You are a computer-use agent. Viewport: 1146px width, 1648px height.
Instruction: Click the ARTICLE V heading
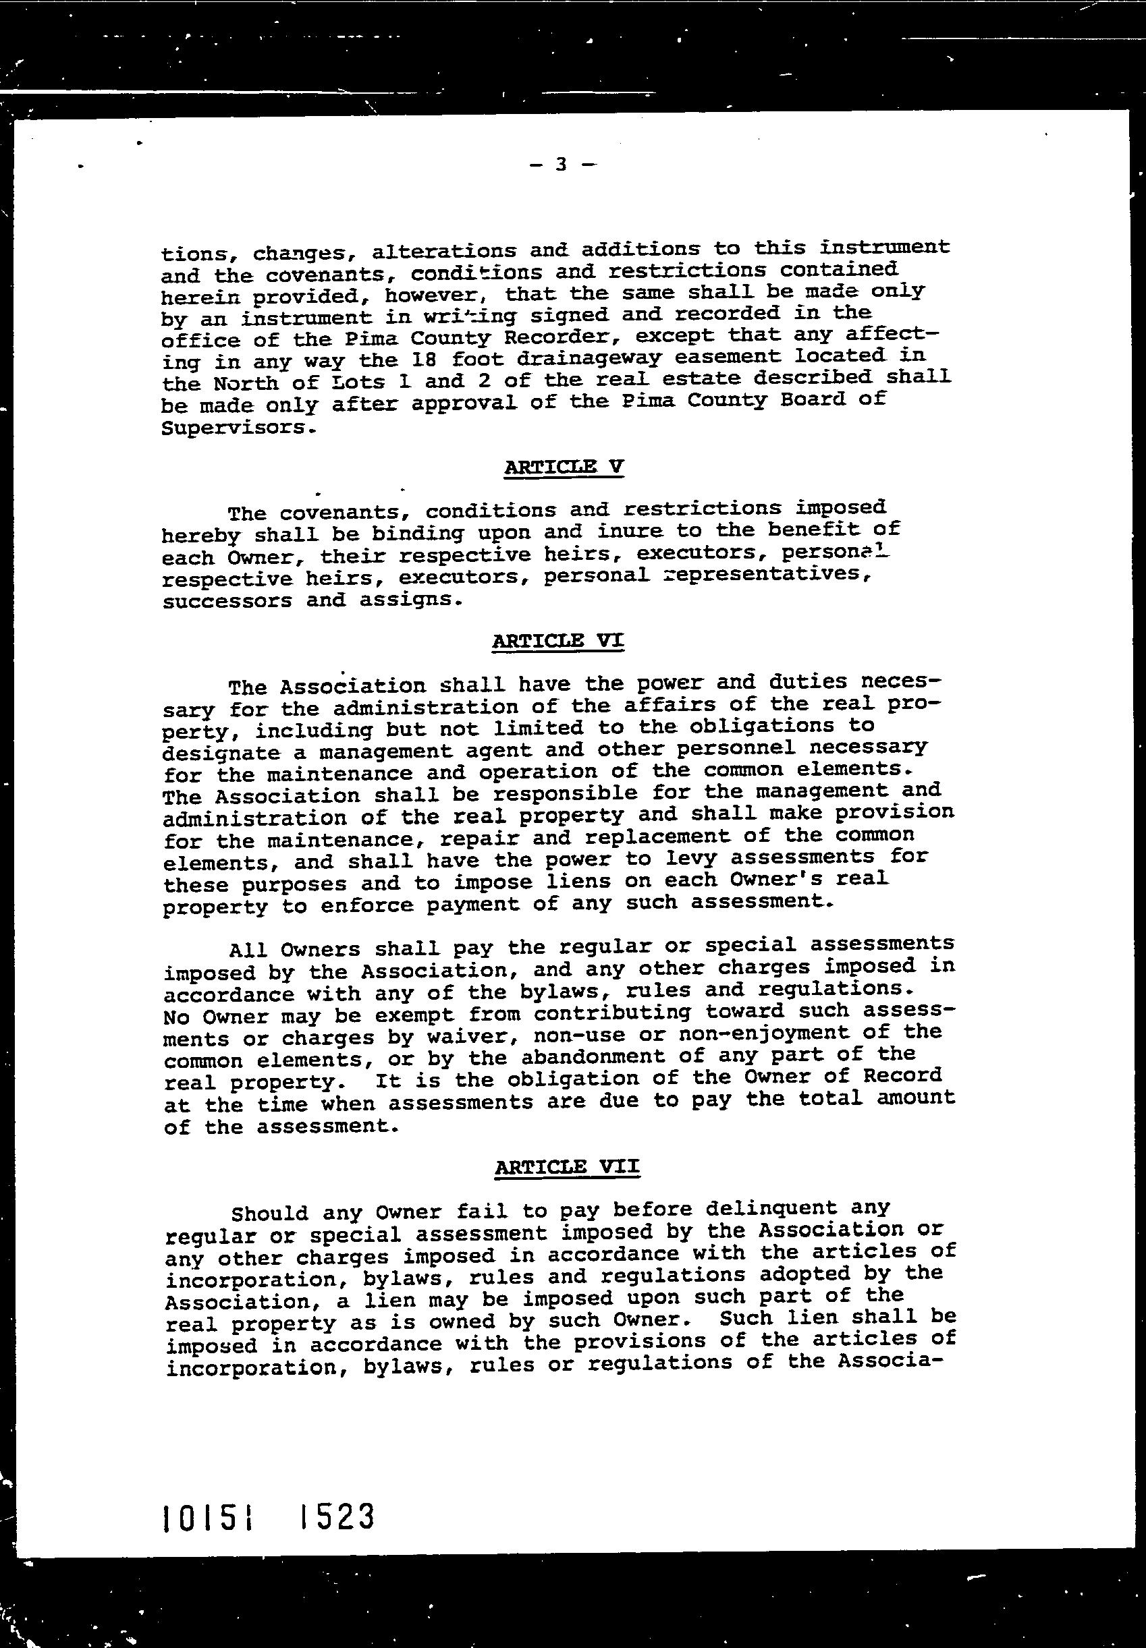(564, 467)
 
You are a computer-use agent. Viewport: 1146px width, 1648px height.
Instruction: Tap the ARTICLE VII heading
(566, 1167)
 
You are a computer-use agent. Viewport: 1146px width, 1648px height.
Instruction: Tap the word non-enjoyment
(786, 1033)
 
